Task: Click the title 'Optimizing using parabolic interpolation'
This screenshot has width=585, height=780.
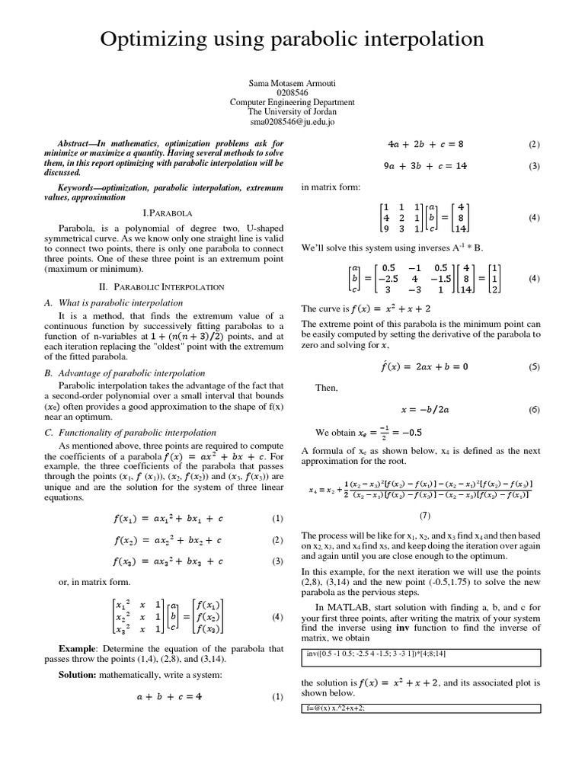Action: pos(292,39)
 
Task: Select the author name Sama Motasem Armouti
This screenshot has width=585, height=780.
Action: pos(292,82)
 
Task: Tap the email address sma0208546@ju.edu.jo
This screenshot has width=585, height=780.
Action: pos(292,121)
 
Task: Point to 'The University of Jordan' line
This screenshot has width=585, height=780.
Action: pos(292,111)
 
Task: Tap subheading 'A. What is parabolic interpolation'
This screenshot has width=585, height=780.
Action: pos(113,302)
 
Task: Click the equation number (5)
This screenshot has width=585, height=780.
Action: pos(533,367)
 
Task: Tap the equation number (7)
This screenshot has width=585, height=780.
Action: pos(425,515)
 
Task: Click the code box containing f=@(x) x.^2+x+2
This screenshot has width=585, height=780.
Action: pos(421,708)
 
